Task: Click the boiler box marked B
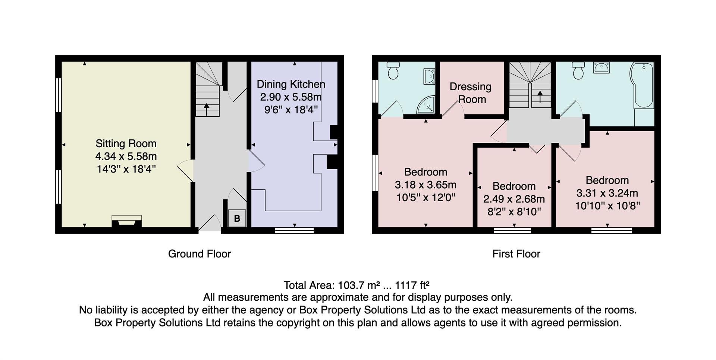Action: [237, 218]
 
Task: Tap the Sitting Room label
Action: [126, 143]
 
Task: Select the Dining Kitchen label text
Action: [291, 84]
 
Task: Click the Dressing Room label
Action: [471, 93]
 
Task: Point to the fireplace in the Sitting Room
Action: [127, 221]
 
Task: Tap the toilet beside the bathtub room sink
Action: [578, 70]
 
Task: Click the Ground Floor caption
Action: [200, 254]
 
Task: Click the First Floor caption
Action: [516, 254]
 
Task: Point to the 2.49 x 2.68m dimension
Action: [514, 199]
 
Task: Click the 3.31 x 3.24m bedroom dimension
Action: [607, 193]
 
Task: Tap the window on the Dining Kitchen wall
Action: [294, 231]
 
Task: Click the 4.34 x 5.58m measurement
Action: [126, 156]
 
